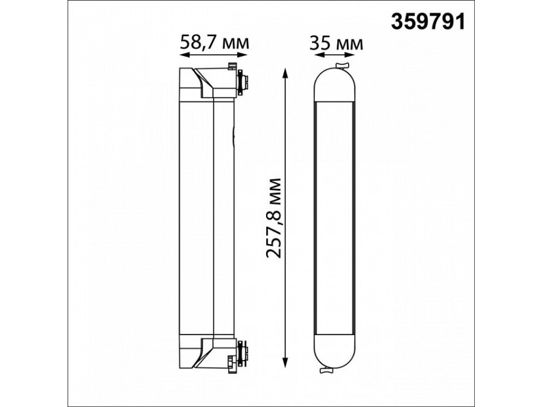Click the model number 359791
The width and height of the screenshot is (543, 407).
point(428,22)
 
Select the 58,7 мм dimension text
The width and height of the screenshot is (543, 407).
point(214,43)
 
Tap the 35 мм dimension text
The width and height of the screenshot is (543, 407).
point(336,43)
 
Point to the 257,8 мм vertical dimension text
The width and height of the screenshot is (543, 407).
point(273,218)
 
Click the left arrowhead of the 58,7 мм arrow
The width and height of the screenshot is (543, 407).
point(183,55)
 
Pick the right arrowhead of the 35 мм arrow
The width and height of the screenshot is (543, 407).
point(351,55)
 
